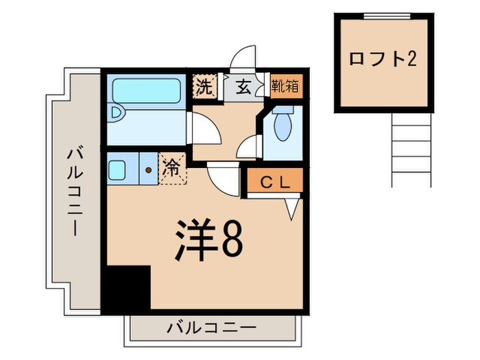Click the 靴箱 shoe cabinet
tap(284, 86)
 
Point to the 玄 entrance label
tap(243, 87)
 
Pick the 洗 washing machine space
tap(204, 87)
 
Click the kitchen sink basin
tap(117, 168)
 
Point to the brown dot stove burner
tap(147, 169)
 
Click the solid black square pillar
tap(126, 288)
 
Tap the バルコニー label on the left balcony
tap(74, 192)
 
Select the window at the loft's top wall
tap(383, 16)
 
